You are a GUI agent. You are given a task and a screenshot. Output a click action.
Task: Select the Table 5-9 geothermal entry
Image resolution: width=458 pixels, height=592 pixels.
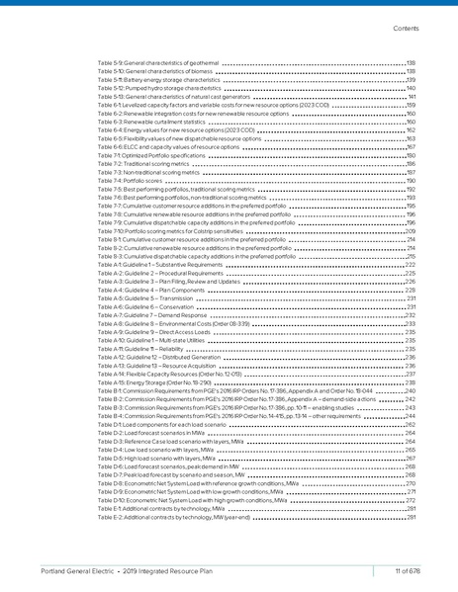coord(159,62)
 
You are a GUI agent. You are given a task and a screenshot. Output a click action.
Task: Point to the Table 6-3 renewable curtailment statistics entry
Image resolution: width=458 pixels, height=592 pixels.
coord(158,122)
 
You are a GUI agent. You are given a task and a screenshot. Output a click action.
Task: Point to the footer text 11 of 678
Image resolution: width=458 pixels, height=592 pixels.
coord(408,571)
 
